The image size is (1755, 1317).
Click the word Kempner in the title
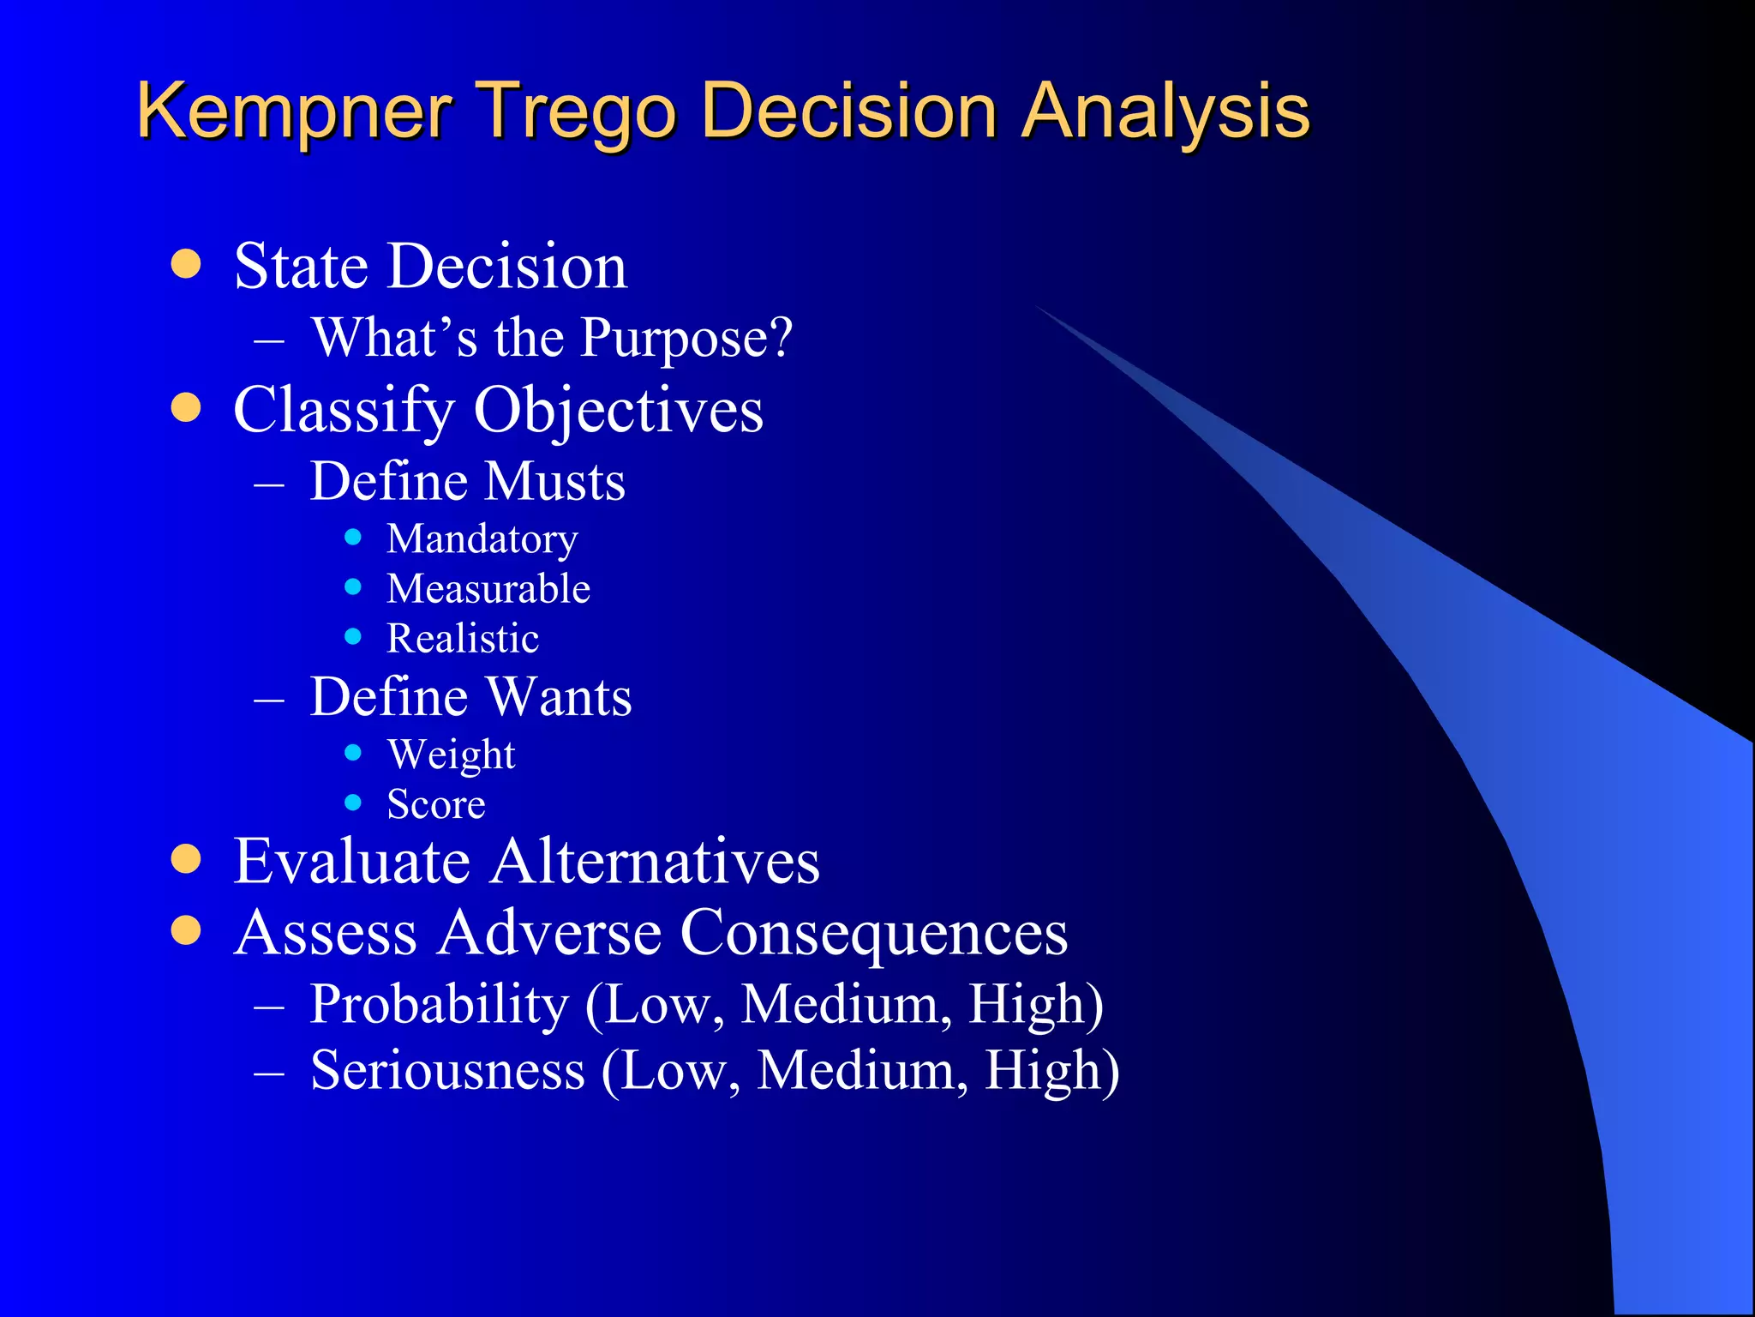(x=294, y=111)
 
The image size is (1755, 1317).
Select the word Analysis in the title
(x=1165, y=111)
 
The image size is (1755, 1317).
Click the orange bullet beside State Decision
(x=186, y=264)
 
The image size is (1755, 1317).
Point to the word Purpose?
(x=686, y=338)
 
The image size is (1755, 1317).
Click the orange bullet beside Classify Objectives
(x=186, y=408)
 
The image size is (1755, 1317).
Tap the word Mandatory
(x=482, y=539)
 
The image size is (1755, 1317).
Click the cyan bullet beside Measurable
(x=353, y=587)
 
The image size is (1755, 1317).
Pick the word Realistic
(x=463, y=639)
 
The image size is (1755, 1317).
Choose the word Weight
(x=451, y=755)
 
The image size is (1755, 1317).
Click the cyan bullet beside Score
(x=353, y=803)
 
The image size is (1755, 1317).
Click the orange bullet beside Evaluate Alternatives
(x=186, y=859)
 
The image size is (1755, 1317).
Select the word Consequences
(x=873, y=933)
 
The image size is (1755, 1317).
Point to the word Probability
(x=439, y=1004)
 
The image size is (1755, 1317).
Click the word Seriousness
(x=447, y=1071)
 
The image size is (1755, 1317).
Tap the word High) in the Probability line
(x=1035, y=1004)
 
